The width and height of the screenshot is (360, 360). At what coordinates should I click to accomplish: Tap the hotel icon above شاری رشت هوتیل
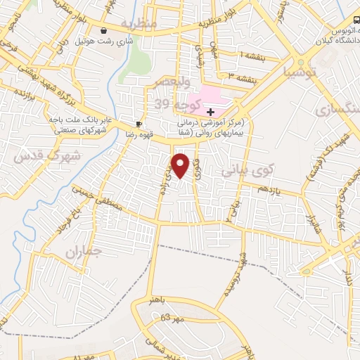105,31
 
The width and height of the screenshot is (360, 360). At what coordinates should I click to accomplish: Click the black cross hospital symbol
210,112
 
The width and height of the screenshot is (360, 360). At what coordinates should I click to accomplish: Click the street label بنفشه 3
235,75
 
